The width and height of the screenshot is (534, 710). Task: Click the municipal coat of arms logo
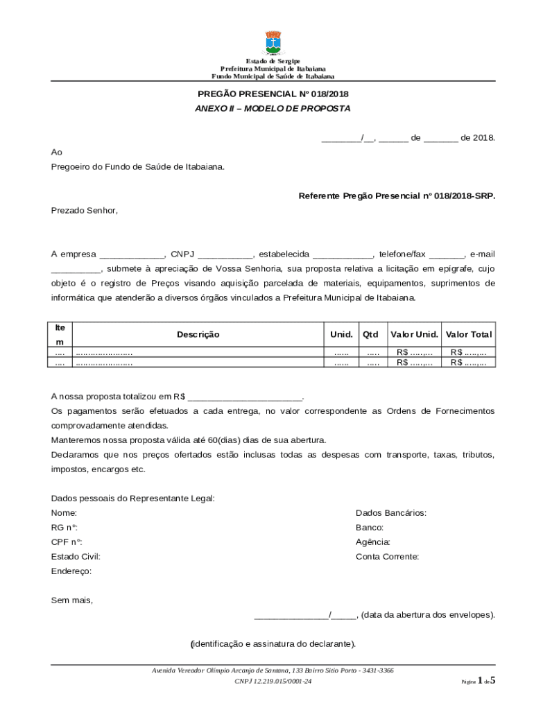[273, 43]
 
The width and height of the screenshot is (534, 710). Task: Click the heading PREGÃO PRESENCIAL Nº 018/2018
[273, 94]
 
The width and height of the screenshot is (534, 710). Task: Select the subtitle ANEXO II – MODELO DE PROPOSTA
[273, 109]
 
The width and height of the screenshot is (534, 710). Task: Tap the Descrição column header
[198, 334]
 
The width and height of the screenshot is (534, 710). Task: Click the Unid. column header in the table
[341, 334]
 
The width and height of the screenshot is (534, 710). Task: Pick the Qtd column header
[370, 334]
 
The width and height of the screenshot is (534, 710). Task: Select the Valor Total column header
[469, 334]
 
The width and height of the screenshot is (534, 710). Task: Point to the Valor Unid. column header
[414, 334]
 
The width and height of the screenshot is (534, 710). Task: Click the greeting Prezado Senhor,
[85, 210]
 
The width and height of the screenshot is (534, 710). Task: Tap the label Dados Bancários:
[390, 513]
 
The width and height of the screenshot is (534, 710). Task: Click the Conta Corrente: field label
[387, 556]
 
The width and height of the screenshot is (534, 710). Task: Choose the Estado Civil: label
[76, 556]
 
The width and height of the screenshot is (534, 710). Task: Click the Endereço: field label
[71, 571]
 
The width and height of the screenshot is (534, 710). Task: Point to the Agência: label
[373, 542]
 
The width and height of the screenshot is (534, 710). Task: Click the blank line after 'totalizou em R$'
[246, 397]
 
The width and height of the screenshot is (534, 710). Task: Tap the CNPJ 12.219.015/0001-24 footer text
[273, 682]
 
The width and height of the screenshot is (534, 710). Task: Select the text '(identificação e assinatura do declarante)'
[273, 644]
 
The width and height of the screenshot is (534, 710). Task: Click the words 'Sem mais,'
[72, 600]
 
